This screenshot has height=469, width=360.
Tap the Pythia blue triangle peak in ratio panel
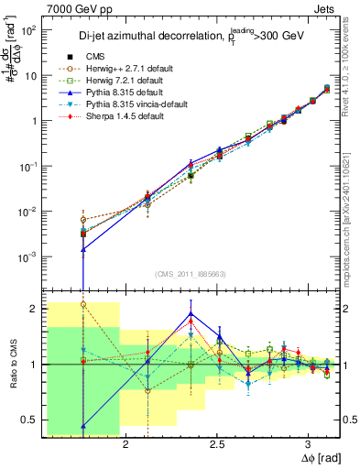(191, 313)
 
